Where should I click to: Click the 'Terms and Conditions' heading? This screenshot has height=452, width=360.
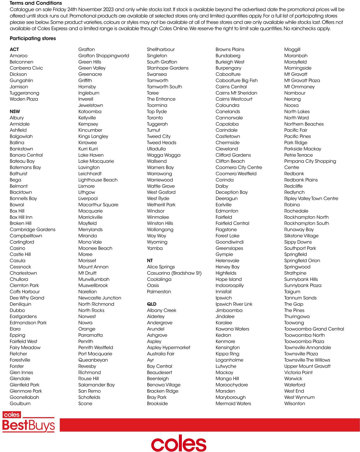[x=36, y=3]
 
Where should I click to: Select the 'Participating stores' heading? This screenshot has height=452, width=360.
[x=33, y=38]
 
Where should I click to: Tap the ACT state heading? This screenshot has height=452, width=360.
[x=14, y=49]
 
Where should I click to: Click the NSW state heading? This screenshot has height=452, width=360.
[x=15, y=112]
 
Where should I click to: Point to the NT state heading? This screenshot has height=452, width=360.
[x=150, y=261]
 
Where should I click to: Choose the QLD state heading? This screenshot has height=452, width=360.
[x=151, y=304]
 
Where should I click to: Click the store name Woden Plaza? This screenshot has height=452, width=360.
[x=24, y=99]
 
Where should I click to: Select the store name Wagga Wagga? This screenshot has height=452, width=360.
[x=164, y=155]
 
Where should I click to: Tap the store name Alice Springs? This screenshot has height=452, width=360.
[x=161, y=267]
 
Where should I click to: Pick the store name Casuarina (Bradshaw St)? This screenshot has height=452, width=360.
[x=174, y=273]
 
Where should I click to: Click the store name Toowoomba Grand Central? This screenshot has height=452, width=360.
[x=314, y=329]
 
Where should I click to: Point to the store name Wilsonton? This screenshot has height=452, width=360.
[x=294, y=404]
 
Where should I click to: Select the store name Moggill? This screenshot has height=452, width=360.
[x=292, y=50]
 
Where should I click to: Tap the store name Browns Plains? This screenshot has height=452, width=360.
[x=230, y=50]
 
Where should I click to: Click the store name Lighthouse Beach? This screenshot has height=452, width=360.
[x=98, y=180]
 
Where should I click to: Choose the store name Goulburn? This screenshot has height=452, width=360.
[x=20, y=404]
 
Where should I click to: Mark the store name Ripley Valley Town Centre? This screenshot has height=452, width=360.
[x=311, y=199]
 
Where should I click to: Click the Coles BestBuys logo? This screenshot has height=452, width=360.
[x=28, y=422]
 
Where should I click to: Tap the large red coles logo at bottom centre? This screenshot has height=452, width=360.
[x=179, y=443]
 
